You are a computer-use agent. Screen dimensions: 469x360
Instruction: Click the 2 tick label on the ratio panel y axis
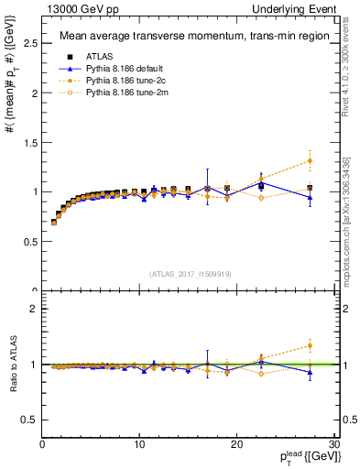pos(34,309)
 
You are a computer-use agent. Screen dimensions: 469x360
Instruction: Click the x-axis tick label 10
pos(139,445)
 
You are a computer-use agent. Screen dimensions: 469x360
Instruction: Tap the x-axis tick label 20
pos(237,445)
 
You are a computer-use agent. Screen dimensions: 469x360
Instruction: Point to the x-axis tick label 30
pos(333,445)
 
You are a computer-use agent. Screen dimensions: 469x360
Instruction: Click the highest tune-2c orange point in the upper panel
pos(310,160)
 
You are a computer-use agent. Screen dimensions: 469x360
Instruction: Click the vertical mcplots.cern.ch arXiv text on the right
pos(347,220)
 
